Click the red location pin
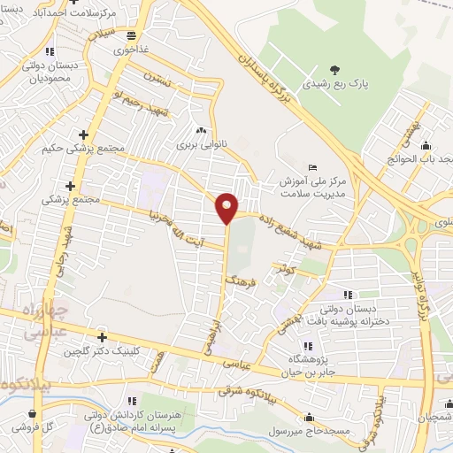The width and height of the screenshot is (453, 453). coord(227,207)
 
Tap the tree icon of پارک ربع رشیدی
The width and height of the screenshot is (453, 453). coord(334,69)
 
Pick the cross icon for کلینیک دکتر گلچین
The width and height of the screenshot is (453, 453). coord(103,337)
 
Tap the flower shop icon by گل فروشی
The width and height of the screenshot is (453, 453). coord(33,412)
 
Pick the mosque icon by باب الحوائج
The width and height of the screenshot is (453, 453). coord(428,145)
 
